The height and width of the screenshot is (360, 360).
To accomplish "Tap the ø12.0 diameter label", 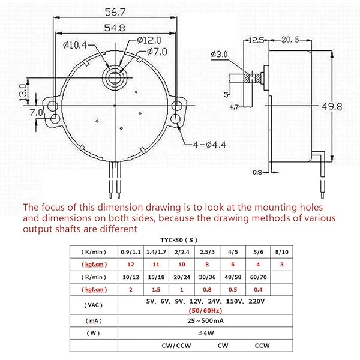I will pos(148,40).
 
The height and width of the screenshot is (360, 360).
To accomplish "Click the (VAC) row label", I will pos(94,305).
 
